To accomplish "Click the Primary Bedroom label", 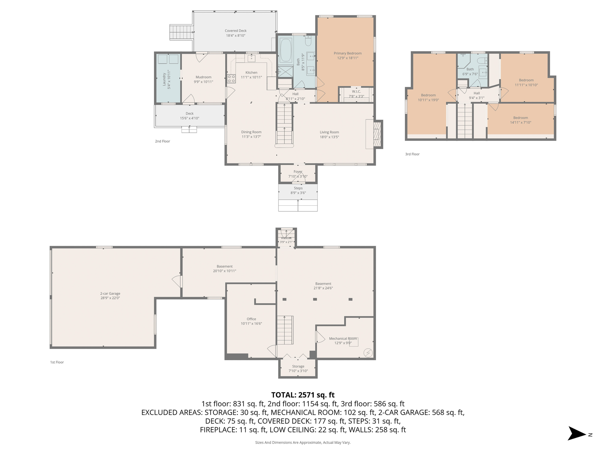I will [x=347, y=53].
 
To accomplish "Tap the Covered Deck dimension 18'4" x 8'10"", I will [x=236, y=36].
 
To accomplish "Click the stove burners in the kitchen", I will [x=231, y=79].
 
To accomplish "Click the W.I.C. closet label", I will [x=356, y=92].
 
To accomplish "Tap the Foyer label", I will [x=298, y=172].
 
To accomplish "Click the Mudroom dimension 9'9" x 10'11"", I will [x=203, y=82].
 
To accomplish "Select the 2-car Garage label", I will [x=110, y=294].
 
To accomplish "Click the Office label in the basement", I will [x=251, y=319].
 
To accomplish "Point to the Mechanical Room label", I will [x=343, y=339].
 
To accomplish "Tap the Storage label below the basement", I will [x=298, y=366].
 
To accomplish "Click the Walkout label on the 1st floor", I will [x=286, y=238].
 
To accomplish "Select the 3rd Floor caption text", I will [x=412, y=154].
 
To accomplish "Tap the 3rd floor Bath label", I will [x=470, y=69].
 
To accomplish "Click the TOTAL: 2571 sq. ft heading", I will [x=303, y=395].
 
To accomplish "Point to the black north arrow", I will [x=576, y=434].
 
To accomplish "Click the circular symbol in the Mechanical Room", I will [x=368, y=353].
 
